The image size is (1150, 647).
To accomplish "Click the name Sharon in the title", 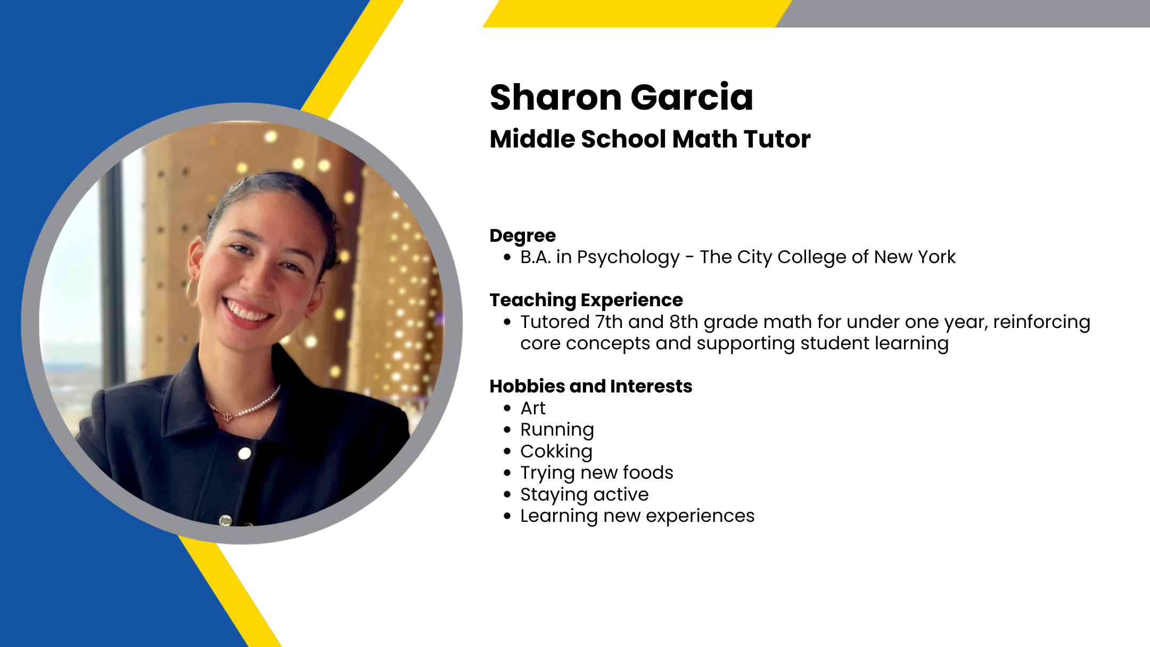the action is pyautogui.click(x=555, y=97).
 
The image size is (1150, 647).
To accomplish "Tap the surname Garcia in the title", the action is pyautogui.click(x=692, y=97).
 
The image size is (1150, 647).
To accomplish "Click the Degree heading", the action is pyautogui.click(x=523, y=236).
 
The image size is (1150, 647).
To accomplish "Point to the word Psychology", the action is pyautogui.click(x=628, y=258).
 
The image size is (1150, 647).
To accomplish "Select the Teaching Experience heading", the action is pyautogui.click(x=586, y=300).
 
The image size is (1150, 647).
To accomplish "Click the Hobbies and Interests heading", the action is pyautogui.click(x=591, y=386).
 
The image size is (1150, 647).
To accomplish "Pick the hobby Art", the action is pyautogui.click(x=533, y=408).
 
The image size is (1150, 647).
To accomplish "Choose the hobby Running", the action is pyautogui.click(x=557, y=430).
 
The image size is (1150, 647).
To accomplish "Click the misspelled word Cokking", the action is pyautogui.click(x=556, y=452).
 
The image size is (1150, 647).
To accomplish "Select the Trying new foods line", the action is pyautogui.click(x=597, y=473).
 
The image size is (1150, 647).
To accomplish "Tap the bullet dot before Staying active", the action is pyautogui.click(x=507, y=495).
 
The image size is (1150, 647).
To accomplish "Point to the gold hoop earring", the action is pyautogui.click(x=192, y=291).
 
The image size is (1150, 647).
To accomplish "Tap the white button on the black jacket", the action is pyautogui.click(x=245, y=454).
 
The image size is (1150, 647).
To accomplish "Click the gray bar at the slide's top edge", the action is pyautogui.click(x=964, y=13).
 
